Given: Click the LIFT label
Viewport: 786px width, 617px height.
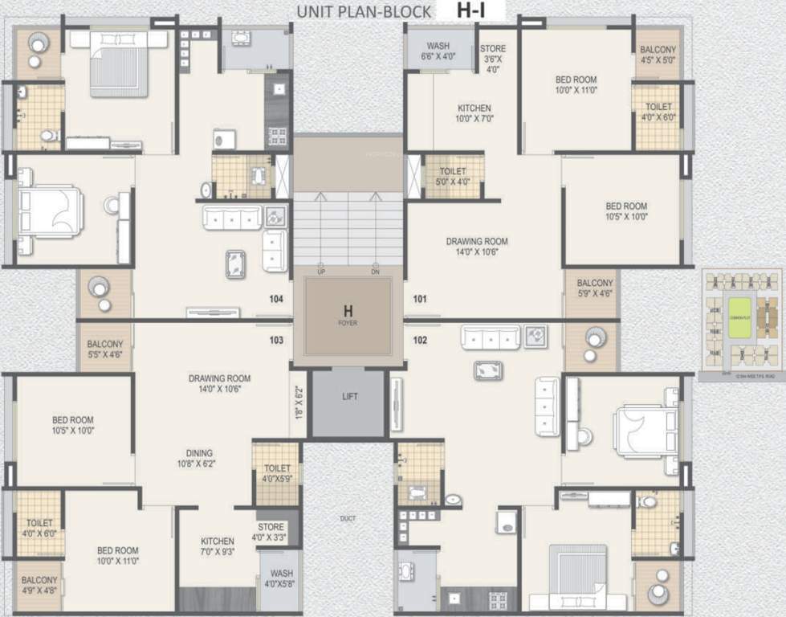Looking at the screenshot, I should [x=349, y=397].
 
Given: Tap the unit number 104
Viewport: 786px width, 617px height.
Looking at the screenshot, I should [x=276, y=299].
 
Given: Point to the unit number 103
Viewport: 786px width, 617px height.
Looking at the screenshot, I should [x=276, y=341].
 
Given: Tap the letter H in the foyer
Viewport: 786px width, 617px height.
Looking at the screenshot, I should [x=348, y=311].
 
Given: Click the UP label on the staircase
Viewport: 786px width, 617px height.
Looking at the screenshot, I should [x=320, y=272].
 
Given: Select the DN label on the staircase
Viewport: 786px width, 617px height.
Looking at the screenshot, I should [x=375, y=272].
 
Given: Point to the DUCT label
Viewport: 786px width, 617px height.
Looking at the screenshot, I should [x=347, y=519].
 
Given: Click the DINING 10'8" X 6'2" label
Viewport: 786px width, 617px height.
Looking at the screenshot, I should [x=196, y=458].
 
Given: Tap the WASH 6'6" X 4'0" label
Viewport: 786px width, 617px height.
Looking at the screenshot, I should [x=438, y=51].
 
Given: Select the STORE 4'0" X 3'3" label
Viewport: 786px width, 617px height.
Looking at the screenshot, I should [x=271, y=532].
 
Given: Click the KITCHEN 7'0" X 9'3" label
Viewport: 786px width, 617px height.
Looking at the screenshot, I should [x=218, y=546].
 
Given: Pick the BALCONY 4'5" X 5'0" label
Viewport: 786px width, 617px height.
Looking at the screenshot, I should [x=658, y=54].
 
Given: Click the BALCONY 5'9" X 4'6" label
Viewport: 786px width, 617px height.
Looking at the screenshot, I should [x=595, y=288].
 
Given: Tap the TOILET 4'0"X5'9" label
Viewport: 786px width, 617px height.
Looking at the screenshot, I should [x=277, y=473].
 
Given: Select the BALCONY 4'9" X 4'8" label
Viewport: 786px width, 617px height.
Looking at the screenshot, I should [x=39, y=585].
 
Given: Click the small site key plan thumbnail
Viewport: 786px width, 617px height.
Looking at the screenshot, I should [x=740, y=323].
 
